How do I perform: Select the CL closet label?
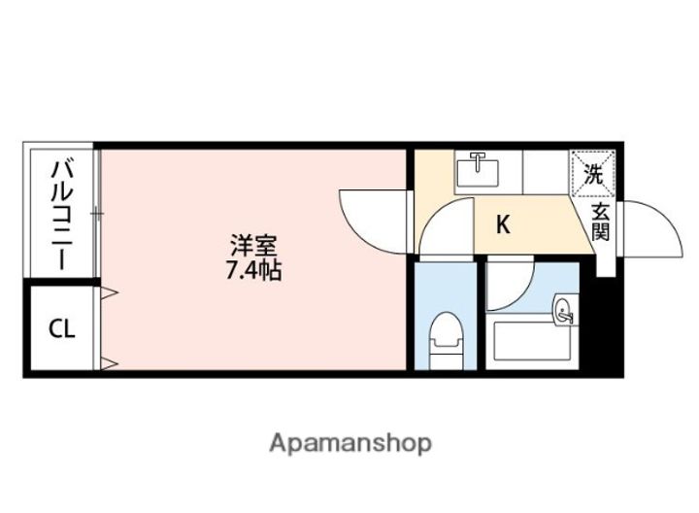click(61, 328)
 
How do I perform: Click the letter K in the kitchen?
click(503, 225)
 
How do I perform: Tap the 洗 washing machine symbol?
click(593, 176)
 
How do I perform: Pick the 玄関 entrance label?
click(601, 222)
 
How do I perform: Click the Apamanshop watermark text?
click(349, 443)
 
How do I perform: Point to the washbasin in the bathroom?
click(564, 312)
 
